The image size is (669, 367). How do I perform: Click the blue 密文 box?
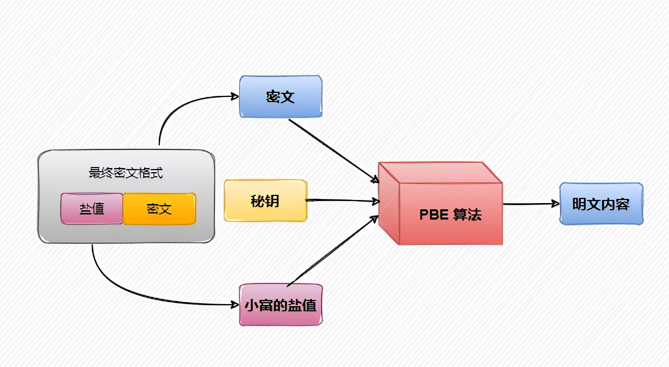pyautogui.click(x=280, y=96)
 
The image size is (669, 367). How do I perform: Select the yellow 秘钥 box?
pyautogui.click(x=265, y=201)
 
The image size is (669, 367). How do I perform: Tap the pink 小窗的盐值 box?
pyautogui.click(x=280, y=305)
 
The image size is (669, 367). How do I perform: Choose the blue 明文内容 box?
pyautogui.click(x=601, y=204)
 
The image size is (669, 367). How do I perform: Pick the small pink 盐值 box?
pyautogui.click(x=92, y=208)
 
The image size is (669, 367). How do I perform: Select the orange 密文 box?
pyautogui.click(x=159, y=209)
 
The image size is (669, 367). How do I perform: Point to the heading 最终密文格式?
pyautogui.click(x=126, y=173)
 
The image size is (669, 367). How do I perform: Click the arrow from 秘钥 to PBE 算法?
pyautogui.click(x=340, y=200)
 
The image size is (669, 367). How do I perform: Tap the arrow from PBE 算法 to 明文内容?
pyautogui.click(x=531, y=204)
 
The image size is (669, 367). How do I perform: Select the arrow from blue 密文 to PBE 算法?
pyautogui.click(x=332, y=150)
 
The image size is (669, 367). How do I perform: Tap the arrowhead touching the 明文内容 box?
pyautogui.click(x=556, y=204)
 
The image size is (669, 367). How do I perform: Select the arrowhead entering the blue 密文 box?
pyautogui.click(x=235, y=96)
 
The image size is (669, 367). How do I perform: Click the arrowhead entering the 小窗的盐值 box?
pyautogui.click(x=235, y=304)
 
